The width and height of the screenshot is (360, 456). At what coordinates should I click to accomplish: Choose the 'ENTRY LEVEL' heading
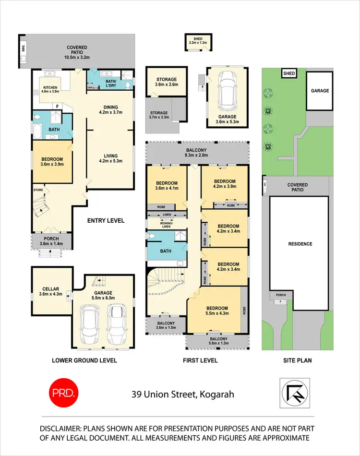pyautogui.click(x=106, y=221)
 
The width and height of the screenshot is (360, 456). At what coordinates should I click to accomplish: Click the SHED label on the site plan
pyautogui.click(x=288, y=74)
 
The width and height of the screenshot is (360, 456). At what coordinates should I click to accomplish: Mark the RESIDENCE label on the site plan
pyautogui.click(x=300, y=244)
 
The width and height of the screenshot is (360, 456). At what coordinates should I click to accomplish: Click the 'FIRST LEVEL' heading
pyautogui.click(x=201, y=360)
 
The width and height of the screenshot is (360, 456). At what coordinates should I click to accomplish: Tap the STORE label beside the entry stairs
pyautogui.click(x=38, y=190)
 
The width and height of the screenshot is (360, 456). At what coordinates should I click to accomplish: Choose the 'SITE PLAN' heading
pyautogui.click(x=296, y=360)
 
